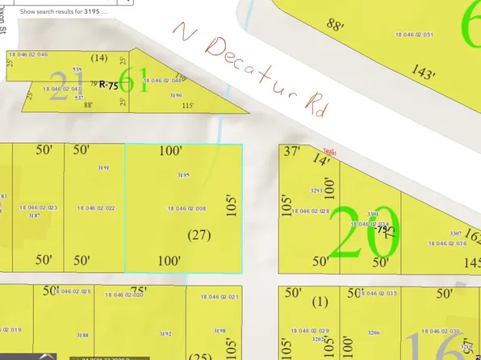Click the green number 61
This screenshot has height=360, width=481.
[x=140, y=81]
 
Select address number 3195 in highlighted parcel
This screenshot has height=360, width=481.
[x=183, y=175]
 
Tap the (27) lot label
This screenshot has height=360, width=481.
[x=199, y=235]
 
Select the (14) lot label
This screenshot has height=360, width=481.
[x=99, y=57]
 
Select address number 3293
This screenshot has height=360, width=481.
[x=317, y=191]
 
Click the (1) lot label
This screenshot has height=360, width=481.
[x=321, y=302]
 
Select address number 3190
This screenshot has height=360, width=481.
[x=176, y=94]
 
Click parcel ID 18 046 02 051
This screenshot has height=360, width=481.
[x=417, y=35]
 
